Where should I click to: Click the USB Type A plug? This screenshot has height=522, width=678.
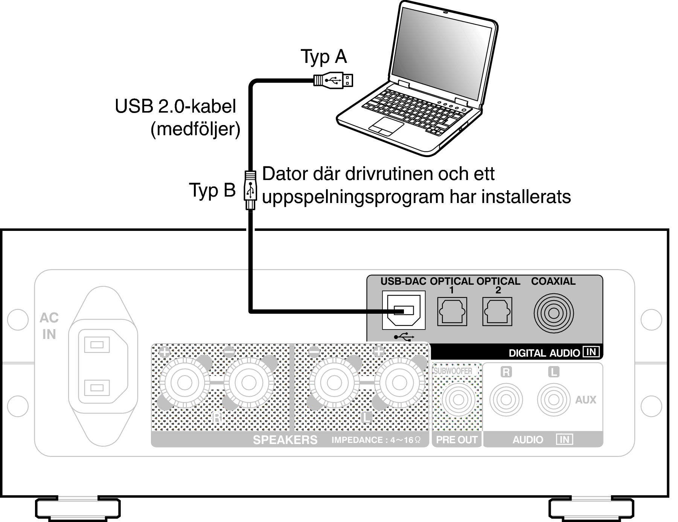(334, 80)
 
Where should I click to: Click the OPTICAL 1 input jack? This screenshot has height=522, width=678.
(452, 312)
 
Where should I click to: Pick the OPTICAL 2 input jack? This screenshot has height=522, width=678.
(497, 312)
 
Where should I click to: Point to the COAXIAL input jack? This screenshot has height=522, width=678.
(554, 313)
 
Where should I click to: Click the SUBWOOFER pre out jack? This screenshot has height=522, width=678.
(458, 400)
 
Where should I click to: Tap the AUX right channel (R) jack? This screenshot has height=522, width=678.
(506, 400)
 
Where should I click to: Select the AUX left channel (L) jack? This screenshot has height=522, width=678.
(553, 400)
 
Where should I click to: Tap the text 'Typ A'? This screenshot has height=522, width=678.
(324, 57)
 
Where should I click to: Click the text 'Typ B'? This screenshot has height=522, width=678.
(212, 190)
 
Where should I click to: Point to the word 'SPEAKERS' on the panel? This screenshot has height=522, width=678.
(285, 440)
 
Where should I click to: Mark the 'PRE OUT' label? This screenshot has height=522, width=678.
(457, 440)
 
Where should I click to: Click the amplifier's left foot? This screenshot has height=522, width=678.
(78, 508)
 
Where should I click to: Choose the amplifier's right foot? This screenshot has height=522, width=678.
(591, 508)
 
